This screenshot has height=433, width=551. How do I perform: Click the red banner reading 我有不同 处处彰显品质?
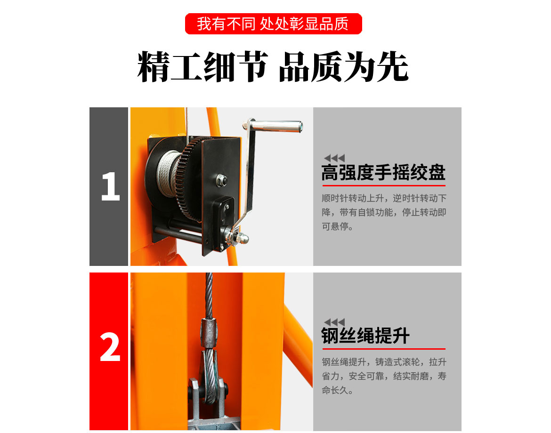[273, 24]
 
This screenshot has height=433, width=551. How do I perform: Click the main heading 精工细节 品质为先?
[273, 67]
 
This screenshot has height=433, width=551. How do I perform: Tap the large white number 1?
[110, 187]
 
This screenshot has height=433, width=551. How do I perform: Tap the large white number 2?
[110, 349]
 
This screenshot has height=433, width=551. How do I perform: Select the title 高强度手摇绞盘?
[383, 173]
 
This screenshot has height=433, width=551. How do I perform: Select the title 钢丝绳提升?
[365, 336]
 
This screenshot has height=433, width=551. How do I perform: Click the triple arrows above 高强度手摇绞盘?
[334, 158]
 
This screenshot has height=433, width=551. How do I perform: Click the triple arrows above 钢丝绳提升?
[334, 322]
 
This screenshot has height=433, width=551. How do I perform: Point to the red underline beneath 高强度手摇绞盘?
[383, 185]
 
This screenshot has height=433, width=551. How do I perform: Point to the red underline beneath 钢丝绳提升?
[383, 349]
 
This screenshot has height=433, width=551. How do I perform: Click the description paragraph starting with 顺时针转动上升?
[383, 212]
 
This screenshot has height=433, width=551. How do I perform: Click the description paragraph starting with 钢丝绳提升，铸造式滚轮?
[383, 376]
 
